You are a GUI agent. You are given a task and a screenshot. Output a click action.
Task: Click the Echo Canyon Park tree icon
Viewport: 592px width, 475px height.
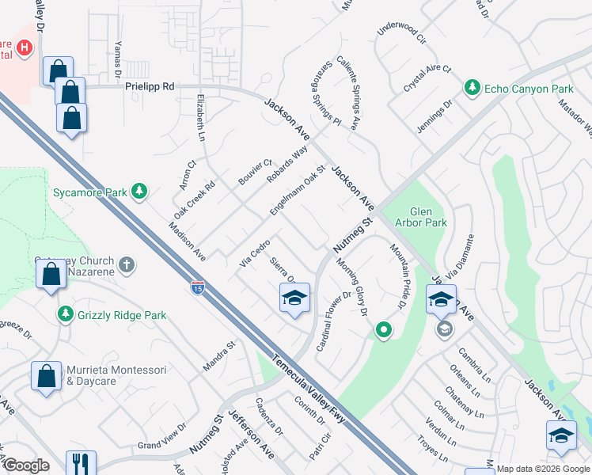click(472, 87)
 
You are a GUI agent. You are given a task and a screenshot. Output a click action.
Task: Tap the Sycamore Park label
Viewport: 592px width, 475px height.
click(89, 192)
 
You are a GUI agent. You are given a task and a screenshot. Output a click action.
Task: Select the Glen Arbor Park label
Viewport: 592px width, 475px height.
click(427, 217)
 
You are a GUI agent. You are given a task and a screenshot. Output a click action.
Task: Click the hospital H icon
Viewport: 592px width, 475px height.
click(25, 48)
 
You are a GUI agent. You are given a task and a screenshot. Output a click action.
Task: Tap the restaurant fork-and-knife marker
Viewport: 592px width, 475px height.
click(81, 462)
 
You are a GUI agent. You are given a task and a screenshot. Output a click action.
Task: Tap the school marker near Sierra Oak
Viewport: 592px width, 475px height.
click(294, 298)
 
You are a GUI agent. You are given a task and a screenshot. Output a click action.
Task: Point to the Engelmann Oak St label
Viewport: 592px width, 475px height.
click(298, 190)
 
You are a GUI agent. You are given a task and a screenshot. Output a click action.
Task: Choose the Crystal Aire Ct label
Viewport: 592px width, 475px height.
click(427, 70)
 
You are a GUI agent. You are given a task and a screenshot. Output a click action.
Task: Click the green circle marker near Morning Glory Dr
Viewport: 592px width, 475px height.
click(384, 330)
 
